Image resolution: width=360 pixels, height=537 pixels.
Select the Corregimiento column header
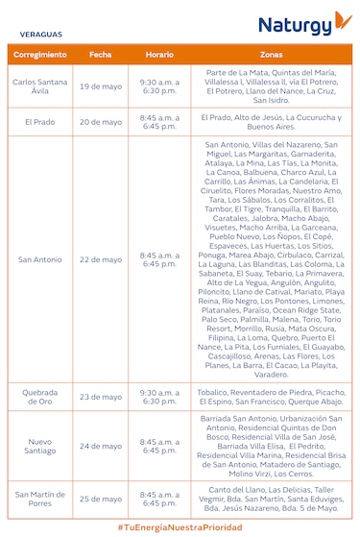pos(41,55)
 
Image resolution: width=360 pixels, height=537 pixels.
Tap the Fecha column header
pos(101,55)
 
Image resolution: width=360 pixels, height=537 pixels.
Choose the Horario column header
pos(159,55)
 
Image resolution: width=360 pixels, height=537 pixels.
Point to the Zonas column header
pos(271,55)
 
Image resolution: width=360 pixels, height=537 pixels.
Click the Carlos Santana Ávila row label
pos(41,86)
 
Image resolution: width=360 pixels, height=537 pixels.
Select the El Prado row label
pos(41,122)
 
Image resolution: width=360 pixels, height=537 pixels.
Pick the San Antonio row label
pos(41,259)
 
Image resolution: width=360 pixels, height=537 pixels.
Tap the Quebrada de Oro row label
pos(41,397)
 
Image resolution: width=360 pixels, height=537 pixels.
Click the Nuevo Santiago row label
pos(41,446)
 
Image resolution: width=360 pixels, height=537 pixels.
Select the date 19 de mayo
pos(101,86)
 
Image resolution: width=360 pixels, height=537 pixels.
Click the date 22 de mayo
pos(101,259)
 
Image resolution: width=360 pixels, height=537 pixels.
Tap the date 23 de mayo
pos(101,397)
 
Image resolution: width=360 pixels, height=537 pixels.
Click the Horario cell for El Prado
pos(159,122)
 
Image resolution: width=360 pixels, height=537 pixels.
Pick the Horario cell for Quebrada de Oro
pos(159,397)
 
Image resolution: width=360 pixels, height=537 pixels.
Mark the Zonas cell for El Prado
pos(271,122)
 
